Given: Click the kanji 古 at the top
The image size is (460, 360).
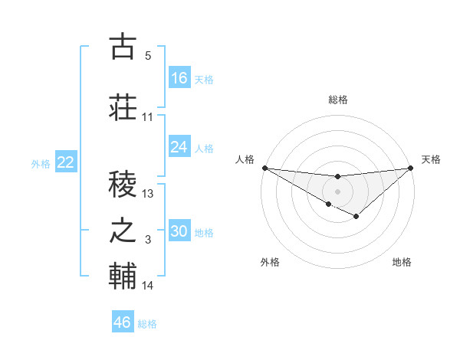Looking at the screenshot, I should [x=123, y=47].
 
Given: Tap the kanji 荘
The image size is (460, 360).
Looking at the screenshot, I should [x=123, y=106].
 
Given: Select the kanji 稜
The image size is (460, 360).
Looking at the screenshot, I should [x=123, y=182].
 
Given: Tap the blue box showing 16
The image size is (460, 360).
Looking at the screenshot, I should [x=179, y=78].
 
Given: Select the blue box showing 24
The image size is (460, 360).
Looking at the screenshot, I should [x=179, y=147].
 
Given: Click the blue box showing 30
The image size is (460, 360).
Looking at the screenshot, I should [x=179, y=231].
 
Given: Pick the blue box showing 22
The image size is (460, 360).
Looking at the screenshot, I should [x=66, y=162].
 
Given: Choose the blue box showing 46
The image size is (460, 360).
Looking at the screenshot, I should [x=123, y=322].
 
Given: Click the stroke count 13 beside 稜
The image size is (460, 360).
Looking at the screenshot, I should [x=148, y=193].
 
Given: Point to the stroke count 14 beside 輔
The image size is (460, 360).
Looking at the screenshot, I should [x=148, y=286].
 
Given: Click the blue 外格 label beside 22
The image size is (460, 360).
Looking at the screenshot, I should [x=41, y=163].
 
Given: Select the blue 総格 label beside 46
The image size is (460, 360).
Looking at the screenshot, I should [x=147, y=324].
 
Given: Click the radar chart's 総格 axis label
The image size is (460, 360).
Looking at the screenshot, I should [x=337, y=100].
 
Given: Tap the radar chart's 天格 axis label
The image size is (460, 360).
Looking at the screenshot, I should [x=431, y=159].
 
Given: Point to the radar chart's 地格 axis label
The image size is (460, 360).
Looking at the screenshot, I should [x=402, y=262].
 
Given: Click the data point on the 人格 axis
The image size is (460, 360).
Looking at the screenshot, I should [x=264, y=167].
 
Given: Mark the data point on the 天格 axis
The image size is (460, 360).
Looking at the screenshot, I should [x=411, y=167].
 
